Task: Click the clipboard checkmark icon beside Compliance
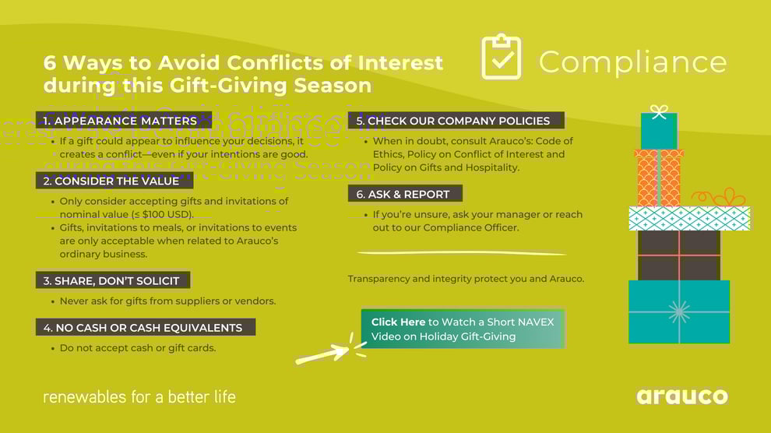click(501, 57)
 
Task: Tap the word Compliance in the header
click(632, 62)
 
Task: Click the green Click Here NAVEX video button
click(463, 329)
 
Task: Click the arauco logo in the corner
click(681, 396)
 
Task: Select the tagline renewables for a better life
click(139, 397)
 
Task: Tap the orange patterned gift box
click(659, 178)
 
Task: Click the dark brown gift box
click(678, 255)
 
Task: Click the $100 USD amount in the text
click(167, 214)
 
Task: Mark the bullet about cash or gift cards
click(138, 348)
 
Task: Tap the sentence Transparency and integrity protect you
click(466, 279)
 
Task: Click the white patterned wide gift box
click(689, 219)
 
